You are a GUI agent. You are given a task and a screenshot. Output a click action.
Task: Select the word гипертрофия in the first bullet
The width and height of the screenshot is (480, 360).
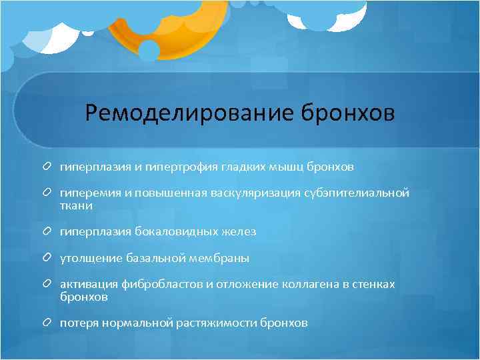(x=178, y=166)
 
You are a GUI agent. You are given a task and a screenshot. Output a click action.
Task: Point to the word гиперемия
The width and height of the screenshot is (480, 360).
(x=89, y=193)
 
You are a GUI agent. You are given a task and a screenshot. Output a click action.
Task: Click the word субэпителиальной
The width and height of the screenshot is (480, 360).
(x=356, y=193)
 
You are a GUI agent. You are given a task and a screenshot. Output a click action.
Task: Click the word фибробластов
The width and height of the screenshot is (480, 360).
(x=161, y=285)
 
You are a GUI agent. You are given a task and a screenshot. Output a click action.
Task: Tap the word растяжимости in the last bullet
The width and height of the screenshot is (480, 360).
(x=219, y=323)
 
